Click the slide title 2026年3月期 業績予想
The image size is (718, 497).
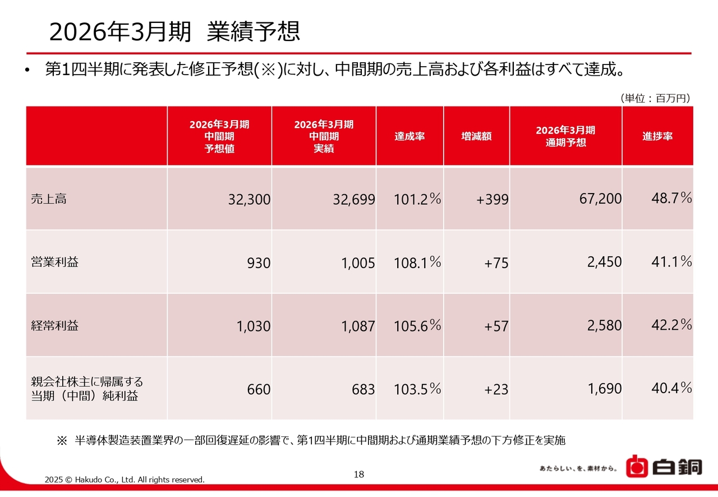[174, 32]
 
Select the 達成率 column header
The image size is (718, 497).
[409, 136]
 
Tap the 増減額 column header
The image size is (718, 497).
[476, 136]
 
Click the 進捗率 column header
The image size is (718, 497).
[657, 136]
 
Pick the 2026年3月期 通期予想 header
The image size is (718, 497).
[565, 136]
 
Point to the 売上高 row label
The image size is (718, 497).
[49, 199]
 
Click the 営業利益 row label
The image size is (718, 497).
[54, 262]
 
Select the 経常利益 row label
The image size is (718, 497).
[54, 325]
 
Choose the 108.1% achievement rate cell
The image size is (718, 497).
[417, 262]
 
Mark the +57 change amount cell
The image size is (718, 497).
[496, 326]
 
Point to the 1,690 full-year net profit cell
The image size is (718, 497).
[605, 388]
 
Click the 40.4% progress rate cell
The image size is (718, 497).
[671, 388]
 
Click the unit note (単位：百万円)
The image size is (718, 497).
[655, 98]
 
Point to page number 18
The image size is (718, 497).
[359, 475]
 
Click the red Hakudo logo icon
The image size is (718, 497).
[636, 467]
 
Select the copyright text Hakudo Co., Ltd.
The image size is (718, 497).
[125, 480]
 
